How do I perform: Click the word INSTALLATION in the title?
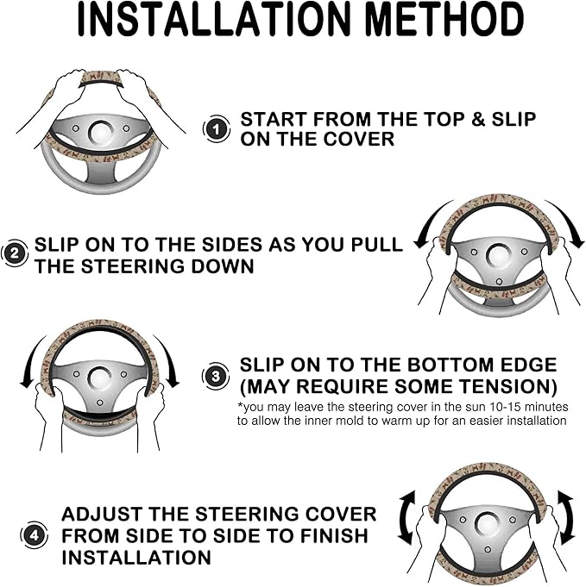(x=214, y=20)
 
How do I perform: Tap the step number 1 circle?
(x=217, y=129)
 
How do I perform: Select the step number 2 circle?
(x=15, y=253)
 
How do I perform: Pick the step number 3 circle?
(x=216, y=376)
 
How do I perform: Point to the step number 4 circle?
(x=34, y=535)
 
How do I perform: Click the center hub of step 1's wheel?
(x=100, y=133)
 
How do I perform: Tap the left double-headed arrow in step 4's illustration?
(x=407, y=517)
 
